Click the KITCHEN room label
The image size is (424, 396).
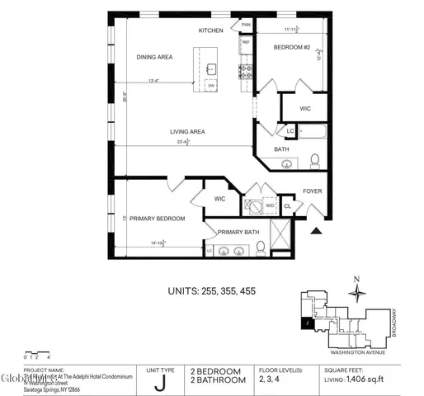(x=211, y=31)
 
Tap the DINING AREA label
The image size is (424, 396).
(x=154, y=57)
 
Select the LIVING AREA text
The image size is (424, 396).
(x=187, y=132)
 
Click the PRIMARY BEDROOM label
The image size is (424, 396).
(x=158, y=219)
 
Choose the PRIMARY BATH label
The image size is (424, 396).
(x=239, y=232)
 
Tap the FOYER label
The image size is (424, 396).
(x=313, y=191)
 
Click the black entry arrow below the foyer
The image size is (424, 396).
(x=315, y=232)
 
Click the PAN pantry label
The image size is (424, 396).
(x=246, y=25)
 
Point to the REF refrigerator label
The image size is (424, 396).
(x=245, y=41)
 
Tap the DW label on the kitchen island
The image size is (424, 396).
(x=211, y=86)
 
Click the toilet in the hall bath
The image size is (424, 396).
(x=314, y=159)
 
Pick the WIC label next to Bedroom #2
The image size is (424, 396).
(x=304, y=108)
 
